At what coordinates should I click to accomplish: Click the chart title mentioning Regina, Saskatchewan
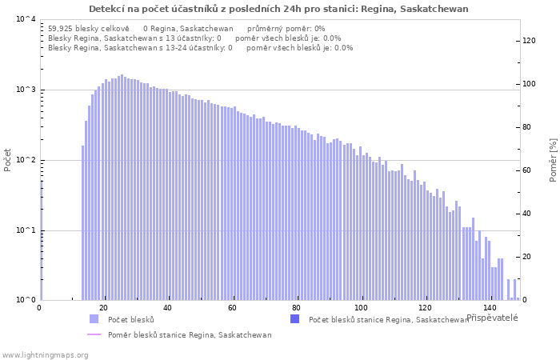[278, 9]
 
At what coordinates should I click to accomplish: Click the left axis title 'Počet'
[8, 159]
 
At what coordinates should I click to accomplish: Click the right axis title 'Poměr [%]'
[553, 159]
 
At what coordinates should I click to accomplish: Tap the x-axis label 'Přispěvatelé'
[492, 318]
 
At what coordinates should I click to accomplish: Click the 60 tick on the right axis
[527, 170]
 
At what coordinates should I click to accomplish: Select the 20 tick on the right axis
[527, 257]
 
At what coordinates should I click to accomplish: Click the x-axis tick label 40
[168, 308]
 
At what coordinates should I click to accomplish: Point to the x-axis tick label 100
[362, 308]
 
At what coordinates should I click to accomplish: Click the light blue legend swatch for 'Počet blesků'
[94, 319]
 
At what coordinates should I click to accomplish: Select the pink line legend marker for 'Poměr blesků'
[94, 335]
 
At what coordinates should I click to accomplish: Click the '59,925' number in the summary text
[61, 28]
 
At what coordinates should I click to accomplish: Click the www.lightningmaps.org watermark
[44, 354]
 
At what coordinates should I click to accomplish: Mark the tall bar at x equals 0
[41, 240]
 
